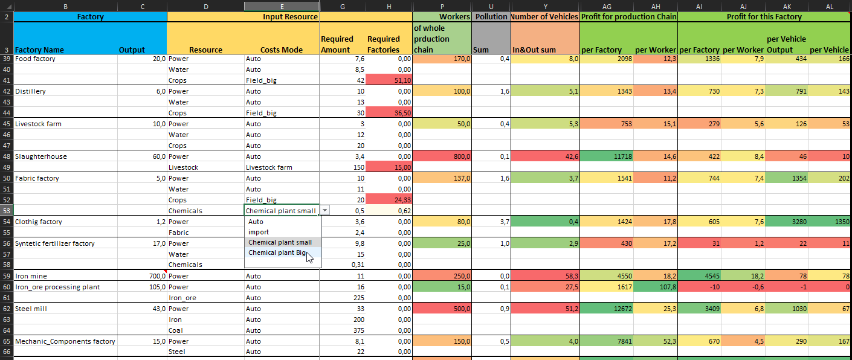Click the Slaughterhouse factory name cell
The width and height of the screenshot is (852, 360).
click(x=41, y=156)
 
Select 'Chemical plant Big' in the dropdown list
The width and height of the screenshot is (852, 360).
click(x=277, y=253)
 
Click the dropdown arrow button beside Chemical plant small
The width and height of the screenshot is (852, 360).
click(x=325, y=210)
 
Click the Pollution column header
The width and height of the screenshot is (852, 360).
click(x=491, y=17)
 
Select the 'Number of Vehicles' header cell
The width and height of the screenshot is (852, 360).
click(x=544, y=17)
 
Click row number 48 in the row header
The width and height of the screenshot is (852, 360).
click(x=7, y=156)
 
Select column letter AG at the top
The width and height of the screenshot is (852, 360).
click(x=607, y=5)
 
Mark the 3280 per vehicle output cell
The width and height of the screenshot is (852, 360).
click(x=781, y=222)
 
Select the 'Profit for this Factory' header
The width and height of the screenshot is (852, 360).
click(x=764, y=17)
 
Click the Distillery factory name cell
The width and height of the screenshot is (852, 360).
click(x=30, y=91)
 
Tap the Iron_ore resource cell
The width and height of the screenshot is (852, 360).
click(x=182, y=298)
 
